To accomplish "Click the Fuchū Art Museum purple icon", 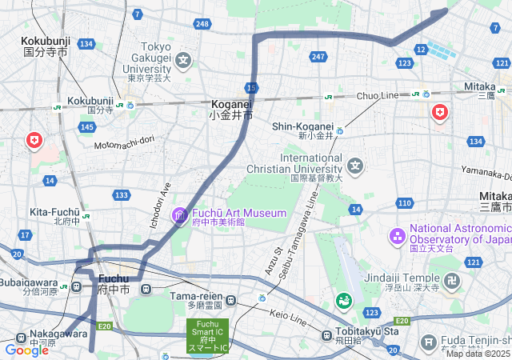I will tap(179, 214).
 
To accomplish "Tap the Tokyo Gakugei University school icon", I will tap(184, 60).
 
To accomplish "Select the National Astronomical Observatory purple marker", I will tap(397, 236).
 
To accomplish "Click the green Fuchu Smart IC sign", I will tap(208, 335).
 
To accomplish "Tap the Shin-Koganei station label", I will tap(302, 126).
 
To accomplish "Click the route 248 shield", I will tap(202, 24).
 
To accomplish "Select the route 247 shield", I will tap(318, 56).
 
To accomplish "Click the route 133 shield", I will tap(122, 195).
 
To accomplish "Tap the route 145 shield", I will tap(88, 127).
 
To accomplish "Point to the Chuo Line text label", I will tap(377, 95).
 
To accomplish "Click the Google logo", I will tap(26, 350).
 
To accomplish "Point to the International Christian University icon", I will tap(355, 166).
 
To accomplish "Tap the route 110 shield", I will tap(404, 203).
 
